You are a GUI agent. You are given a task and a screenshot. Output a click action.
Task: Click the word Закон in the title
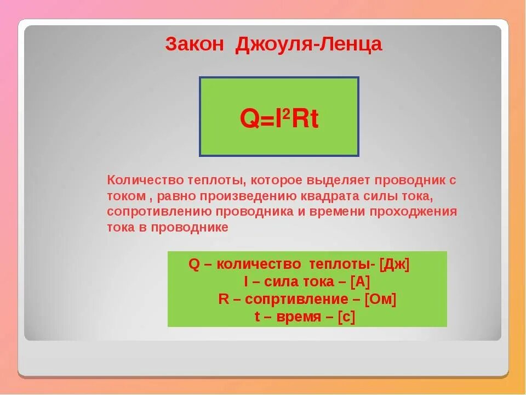[x=194, y=44]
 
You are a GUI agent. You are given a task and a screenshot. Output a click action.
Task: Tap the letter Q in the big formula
[x=250, y=119]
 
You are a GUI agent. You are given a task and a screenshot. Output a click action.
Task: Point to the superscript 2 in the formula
[x=286, y=115]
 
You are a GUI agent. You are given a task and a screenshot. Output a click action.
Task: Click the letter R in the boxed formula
[x=300, y=119]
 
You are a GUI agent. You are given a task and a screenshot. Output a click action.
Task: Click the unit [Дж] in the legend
[x=395, y=264]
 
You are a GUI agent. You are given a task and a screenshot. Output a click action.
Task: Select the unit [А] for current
[x=360, y=282]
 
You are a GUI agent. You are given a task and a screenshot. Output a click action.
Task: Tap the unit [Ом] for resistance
[x=380, y=299]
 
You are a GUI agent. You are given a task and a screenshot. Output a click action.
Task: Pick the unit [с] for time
[x=346, y=317]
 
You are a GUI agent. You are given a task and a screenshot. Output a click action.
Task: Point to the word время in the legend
[x=299, y=317]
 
